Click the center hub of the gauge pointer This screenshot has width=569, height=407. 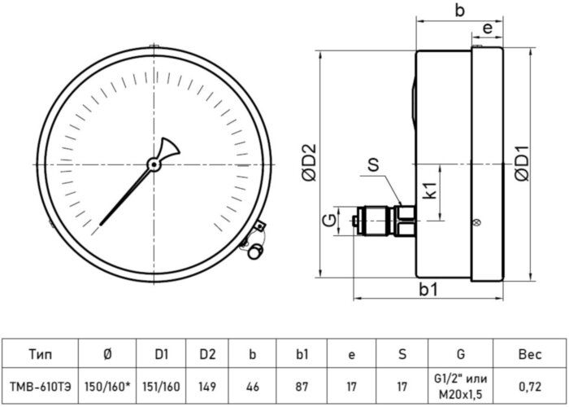(153, 164)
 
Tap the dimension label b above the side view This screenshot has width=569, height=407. (459, 11)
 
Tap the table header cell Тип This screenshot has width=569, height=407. (40, 354)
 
